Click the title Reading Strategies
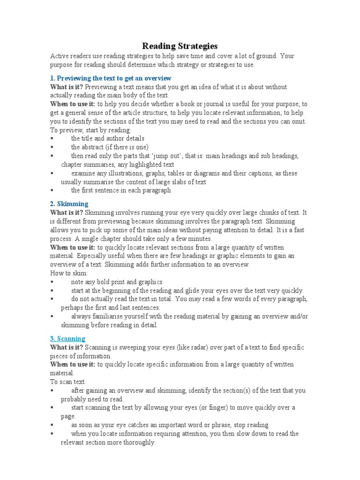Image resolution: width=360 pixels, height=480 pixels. [x=180, y=46]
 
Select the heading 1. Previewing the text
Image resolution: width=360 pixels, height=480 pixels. [x=111, y=78]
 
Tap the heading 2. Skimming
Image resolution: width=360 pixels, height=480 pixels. [x=69, y=204]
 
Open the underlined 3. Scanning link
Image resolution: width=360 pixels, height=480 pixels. [x=67, y=338]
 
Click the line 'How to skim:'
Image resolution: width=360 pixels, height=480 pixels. [x=69, y=273]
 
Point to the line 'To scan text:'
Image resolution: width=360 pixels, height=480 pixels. [x=68, y=382]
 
